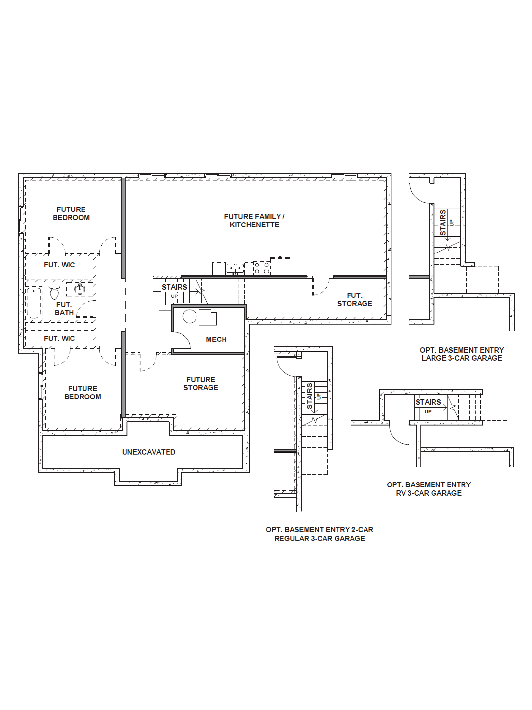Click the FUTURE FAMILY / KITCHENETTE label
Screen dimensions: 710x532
(254, 221)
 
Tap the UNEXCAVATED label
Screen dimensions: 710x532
(148, 452)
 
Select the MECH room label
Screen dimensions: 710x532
(216, 339)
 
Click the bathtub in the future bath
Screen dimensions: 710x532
(34, 302)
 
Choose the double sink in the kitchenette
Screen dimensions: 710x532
(235, 268)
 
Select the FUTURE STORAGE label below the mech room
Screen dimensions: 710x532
(201, 384)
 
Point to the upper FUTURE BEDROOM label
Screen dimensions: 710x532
(71, 213)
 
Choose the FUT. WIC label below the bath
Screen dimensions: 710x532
(60, 338)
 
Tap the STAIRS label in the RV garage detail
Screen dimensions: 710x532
(428, 402)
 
